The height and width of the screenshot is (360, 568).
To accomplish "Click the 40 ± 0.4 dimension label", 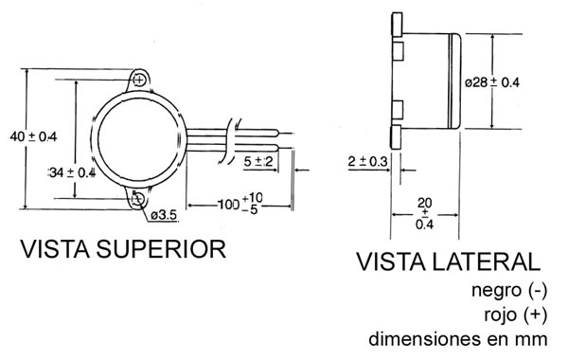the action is pyautogui.click(x=33, y=136).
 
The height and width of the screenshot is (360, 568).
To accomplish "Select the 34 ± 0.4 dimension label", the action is pyautogui.click(x=72, y=172).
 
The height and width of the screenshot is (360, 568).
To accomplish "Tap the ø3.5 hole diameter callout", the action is pyautogui.click(x=164, y=215).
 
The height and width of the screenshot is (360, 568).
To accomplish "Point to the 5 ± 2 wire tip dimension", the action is pyautogui.click(x=257, y=161).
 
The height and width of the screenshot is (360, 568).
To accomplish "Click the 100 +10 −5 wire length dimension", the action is pyautogui.click(x=240, y=204).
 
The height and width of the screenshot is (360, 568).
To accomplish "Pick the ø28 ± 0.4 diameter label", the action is pyautogui.click(x=492, y=82).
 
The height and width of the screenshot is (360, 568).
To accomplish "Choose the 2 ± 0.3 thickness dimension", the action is pyautogui.click(x=367, y=161).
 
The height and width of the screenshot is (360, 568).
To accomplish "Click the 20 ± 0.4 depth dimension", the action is pyautogui.click(x=424, y=213).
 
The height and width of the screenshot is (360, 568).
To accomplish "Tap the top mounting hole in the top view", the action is pyautogui.click(x=139, y=80).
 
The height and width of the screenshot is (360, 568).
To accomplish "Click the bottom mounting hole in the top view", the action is pyautogui.click(x=138, y=198).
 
